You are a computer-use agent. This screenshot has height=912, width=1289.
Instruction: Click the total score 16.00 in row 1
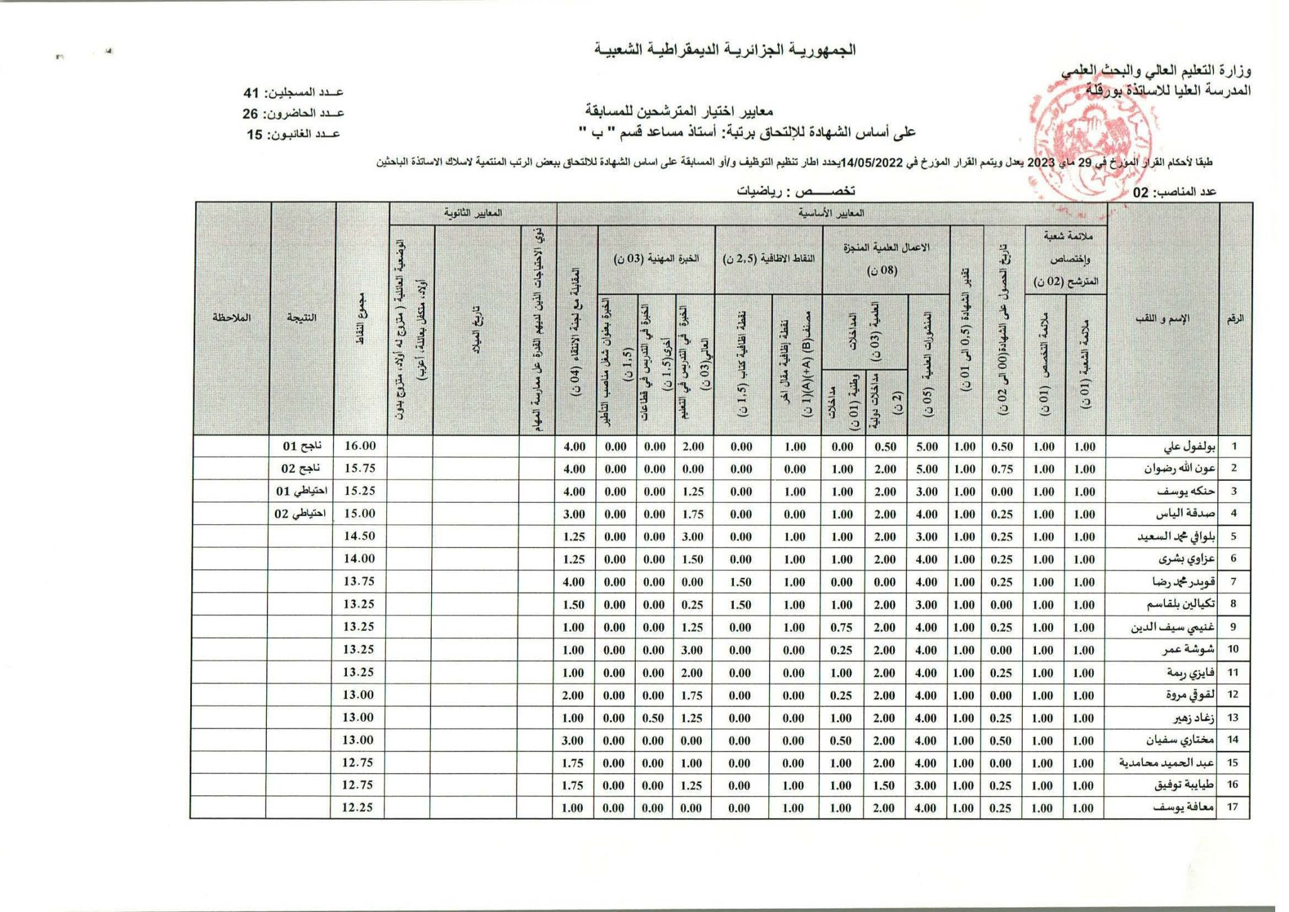click(x=360, y=446)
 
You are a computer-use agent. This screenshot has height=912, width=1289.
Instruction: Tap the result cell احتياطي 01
click(x=301, y=491)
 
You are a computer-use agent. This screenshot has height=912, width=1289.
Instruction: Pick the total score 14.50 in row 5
click(x=359, y=536)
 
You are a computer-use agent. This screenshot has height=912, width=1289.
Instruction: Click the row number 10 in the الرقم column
click(x=1233, y=650)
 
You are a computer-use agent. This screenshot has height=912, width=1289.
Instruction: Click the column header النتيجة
click(x=301, y=318)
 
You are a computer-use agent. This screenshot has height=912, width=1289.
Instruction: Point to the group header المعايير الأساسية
click(x=831, y=213)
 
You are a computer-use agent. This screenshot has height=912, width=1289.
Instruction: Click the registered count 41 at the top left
click(x=252, y=93)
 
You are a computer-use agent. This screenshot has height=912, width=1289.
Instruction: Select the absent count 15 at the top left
click(x=254, y=135)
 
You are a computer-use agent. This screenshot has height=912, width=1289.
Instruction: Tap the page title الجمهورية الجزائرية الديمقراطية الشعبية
click(x=725, y=50)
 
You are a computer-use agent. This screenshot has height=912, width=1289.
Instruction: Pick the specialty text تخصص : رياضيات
click(x=796, y=191)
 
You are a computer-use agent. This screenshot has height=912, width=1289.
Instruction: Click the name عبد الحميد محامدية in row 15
click(x=1166, y=763)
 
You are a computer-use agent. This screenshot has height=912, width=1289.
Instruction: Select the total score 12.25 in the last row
click(x=357, y=808)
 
